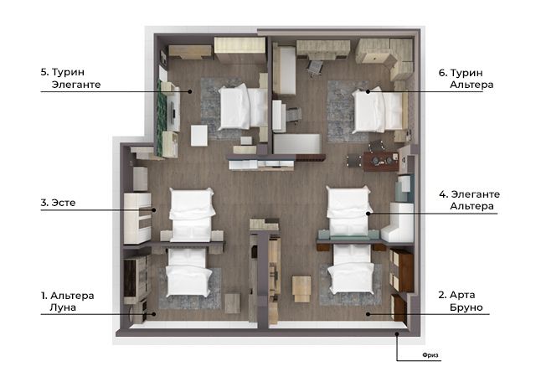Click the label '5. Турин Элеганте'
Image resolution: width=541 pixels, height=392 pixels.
[x=70, y=79]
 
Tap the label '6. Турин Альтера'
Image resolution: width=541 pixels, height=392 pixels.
[x=466, y=79]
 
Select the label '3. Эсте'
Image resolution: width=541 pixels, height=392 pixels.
[x=58, y=203]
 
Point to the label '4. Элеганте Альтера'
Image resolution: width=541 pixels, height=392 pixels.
[x=469, y=200]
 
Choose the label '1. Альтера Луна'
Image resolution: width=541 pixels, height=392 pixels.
[x=67, y=302]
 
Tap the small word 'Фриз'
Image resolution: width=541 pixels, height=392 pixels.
[x=430, y=355]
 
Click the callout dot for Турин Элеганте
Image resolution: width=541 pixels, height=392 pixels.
[x=190, y=91]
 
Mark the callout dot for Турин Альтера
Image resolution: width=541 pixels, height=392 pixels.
[x=368, y=91]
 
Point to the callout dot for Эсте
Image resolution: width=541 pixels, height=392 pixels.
[x=154, y=209]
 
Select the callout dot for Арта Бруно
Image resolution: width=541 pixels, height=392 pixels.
[x=368, y=314]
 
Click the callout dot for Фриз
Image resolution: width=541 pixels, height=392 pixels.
[x=397, y=333]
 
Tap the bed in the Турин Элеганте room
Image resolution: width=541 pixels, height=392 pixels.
[x=243, y=107]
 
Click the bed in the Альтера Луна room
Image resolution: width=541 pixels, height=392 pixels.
[x=188, y=272]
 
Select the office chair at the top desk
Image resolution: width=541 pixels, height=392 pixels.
[x=315, y=68]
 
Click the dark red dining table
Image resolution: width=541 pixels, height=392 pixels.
[x=380, y=162]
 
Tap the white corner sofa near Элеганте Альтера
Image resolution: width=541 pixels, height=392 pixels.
[x=399, y=222]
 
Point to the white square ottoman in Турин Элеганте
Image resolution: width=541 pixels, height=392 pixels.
[x=199, y=135]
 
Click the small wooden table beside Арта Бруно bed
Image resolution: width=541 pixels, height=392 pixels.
[x=301, y=288]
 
